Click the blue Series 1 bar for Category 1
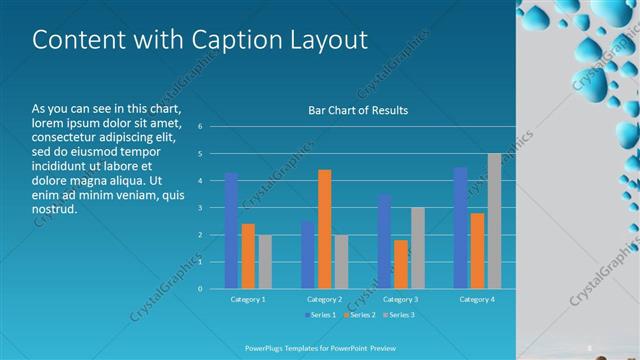click(231, 230)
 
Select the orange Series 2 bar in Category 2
click(324, 229)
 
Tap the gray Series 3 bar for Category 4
click(494, 221)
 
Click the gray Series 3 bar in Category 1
click(265, 262)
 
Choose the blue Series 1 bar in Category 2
click(307, 255)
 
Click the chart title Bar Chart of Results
click(357, 110)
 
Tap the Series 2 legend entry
click(360, 315)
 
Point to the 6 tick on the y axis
click(200, 127)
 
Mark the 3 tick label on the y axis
click(200, 208)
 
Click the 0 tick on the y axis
click(200, 289)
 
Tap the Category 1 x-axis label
click(247, 299)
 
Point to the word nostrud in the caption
click(54, 211)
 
